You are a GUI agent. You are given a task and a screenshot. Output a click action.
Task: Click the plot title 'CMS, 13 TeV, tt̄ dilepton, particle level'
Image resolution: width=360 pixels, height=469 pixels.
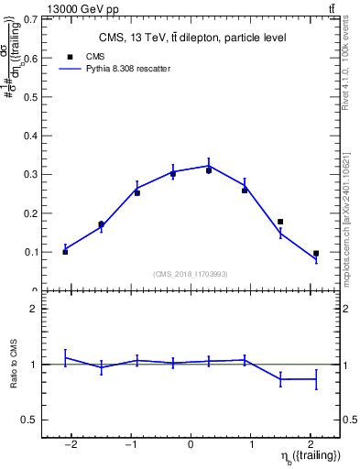click(191, 38)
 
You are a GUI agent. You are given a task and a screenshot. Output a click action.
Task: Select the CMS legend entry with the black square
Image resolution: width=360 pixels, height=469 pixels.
click(83, 57)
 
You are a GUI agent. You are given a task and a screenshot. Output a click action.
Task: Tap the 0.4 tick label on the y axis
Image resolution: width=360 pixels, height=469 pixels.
click(32, 136)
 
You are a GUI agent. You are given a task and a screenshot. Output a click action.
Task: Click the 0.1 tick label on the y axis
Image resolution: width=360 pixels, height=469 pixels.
click(32, 252)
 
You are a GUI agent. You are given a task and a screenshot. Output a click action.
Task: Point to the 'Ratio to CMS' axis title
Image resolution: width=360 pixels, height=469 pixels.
click(13, 365)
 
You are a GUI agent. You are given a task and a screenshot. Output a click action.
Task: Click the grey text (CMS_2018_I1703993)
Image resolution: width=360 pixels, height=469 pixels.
click(191, 273)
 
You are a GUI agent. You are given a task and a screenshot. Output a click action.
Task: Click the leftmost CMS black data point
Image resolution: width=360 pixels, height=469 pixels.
click(65, 251)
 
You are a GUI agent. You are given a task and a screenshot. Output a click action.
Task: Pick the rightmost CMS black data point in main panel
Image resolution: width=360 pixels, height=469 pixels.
click(316, 254)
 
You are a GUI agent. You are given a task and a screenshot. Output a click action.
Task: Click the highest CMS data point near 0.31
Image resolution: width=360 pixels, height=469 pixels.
click(209, 170)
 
